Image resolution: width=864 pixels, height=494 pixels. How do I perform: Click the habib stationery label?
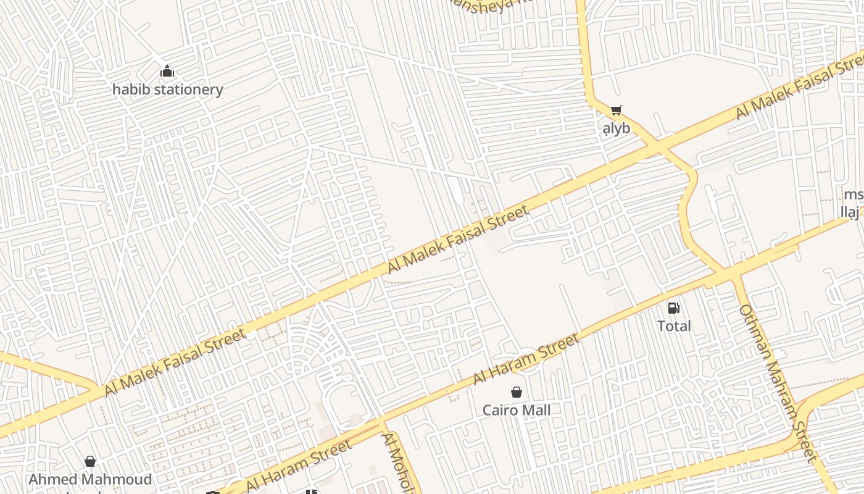[167, 90]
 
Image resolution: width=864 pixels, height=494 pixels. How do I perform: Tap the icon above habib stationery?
[167, 72]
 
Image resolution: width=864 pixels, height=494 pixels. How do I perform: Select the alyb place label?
[617, 128]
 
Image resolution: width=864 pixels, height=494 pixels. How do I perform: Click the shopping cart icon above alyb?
[616, 111]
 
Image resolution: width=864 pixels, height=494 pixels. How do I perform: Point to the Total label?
[674, 326]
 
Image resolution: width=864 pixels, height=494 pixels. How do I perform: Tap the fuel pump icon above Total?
[674, 308]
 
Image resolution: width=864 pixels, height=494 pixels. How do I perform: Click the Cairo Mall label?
[517, 410]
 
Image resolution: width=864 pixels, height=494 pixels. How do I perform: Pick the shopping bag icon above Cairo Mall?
[517, 392]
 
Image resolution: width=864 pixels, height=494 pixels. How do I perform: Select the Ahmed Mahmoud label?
[90, 479]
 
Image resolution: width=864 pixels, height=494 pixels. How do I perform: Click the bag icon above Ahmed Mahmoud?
[90, 461]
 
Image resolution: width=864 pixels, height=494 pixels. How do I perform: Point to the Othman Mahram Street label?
[778, 383]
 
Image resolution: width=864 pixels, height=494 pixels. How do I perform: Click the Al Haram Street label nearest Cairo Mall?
[526, 359]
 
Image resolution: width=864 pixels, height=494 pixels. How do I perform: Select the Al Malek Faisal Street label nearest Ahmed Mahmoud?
[175, 363]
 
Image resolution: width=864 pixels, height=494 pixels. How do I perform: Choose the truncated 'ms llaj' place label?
[853, 204]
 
